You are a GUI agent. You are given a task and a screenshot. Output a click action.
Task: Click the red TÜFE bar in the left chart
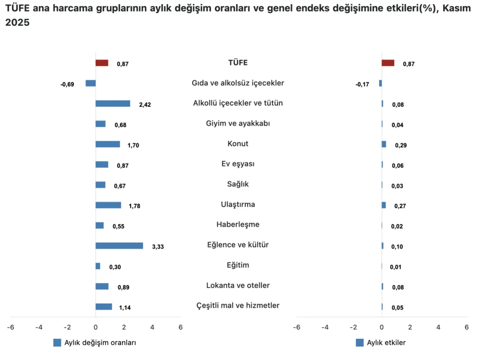(x=102, y=63)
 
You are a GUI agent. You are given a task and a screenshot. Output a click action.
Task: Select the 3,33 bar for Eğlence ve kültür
(x=119, y=246)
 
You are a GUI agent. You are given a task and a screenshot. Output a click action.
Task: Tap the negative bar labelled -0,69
(x=91, y=83)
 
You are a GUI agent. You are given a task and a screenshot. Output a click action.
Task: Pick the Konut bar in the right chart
(x=383, y=144)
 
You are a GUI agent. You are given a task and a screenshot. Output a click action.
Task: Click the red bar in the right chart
(x=388, y=63)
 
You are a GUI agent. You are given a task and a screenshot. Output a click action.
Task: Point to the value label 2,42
(x=145, y=105)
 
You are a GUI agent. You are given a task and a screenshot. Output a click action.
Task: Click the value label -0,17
(x=363, y=84)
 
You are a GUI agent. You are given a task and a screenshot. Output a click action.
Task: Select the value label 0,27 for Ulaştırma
(x=401, y=206)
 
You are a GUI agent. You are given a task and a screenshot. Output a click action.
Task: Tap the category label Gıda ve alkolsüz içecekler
(x=238, y=83)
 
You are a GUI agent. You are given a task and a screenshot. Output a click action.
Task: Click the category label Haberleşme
(x=238, y=224)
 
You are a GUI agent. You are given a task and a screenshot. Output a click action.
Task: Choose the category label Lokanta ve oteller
(x=238, y=286)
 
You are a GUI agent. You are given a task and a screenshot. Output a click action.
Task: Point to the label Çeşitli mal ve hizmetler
(x=238, y=305)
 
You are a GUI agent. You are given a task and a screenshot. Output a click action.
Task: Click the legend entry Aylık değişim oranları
(x=100, y=343)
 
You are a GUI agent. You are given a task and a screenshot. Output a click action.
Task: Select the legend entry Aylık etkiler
(x=386, y=343)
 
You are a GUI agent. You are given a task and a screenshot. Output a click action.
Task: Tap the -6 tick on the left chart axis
(x=10, y=327)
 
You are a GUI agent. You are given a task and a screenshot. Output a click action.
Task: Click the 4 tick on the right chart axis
(x=438, y=327)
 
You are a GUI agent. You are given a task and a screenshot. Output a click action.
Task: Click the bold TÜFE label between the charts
(x=238, y=63)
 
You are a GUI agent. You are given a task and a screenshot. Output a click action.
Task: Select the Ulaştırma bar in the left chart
(x=108, y=205)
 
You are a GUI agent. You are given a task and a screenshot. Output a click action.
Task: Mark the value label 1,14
(x=125, y=308)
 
